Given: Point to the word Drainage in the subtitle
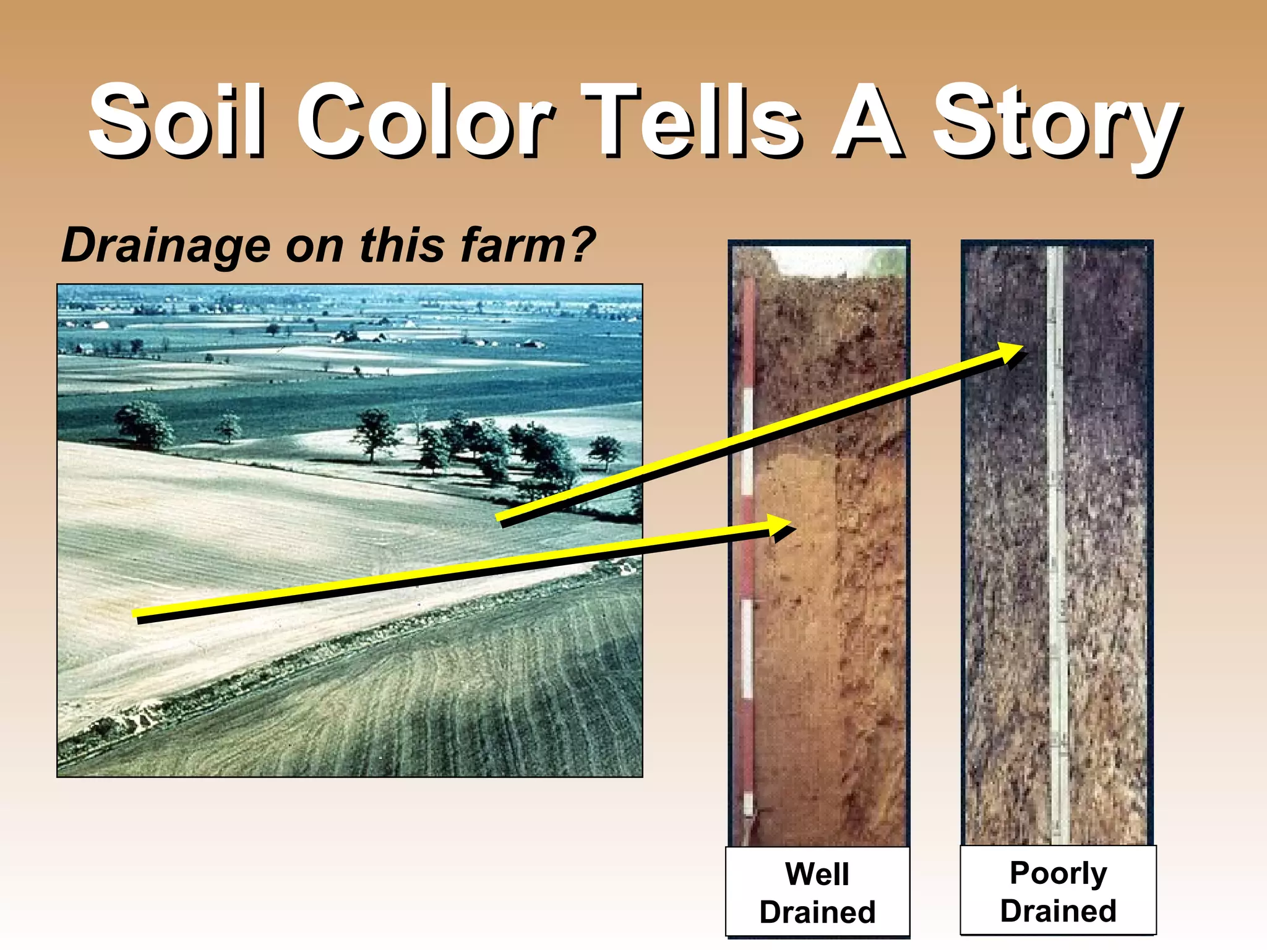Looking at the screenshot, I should pos(166,246).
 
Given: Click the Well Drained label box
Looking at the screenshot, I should pos(817,892).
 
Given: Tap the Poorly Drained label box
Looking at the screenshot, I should pos(1058,891).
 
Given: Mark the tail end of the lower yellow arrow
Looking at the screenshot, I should pos(137,615).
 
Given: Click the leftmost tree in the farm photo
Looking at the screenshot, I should pos(144,424).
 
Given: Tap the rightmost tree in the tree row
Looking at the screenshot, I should pos(604,450).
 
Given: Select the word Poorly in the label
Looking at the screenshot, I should pos(1058,873).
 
